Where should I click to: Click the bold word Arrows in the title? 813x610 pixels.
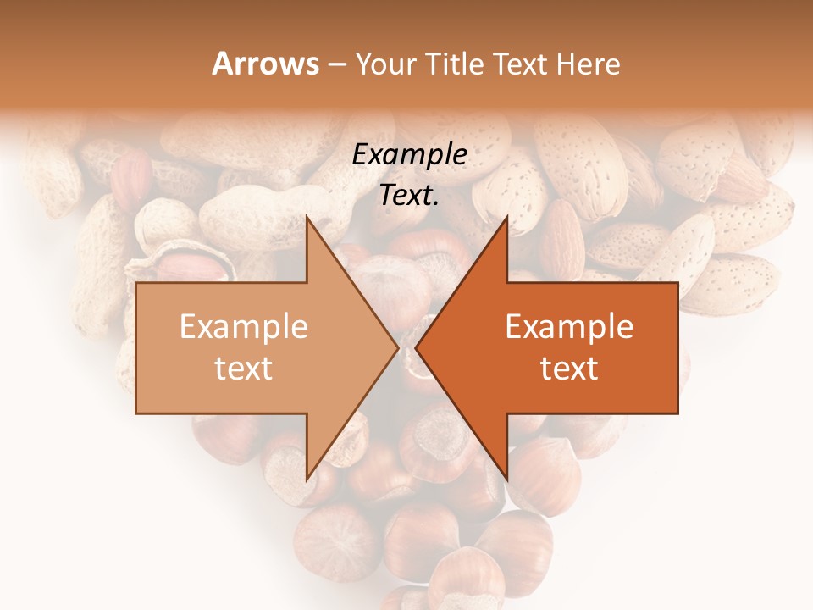click(265, 64)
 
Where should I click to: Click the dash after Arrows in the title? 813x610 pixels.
click(336, 65)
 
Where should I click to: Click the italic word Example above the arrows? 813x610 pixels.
click(410, 155)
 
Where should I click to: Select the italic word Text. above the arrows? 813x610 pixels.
click(410, 196)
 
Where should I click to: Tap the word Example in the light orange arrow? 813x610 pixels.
click(244, 327)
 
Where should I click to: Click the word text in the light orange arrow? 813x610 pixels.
click(244, 369)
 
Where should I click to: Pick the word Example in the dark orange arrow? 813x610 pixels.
click(569, 327)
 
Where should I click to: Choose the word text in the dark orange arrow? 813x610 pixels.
click(569, 369)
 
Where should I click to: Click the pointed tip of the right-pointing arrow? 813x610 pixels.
click(398, 348)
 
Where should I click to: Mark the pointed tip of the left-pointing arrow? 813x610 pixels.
click(416, 348)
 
